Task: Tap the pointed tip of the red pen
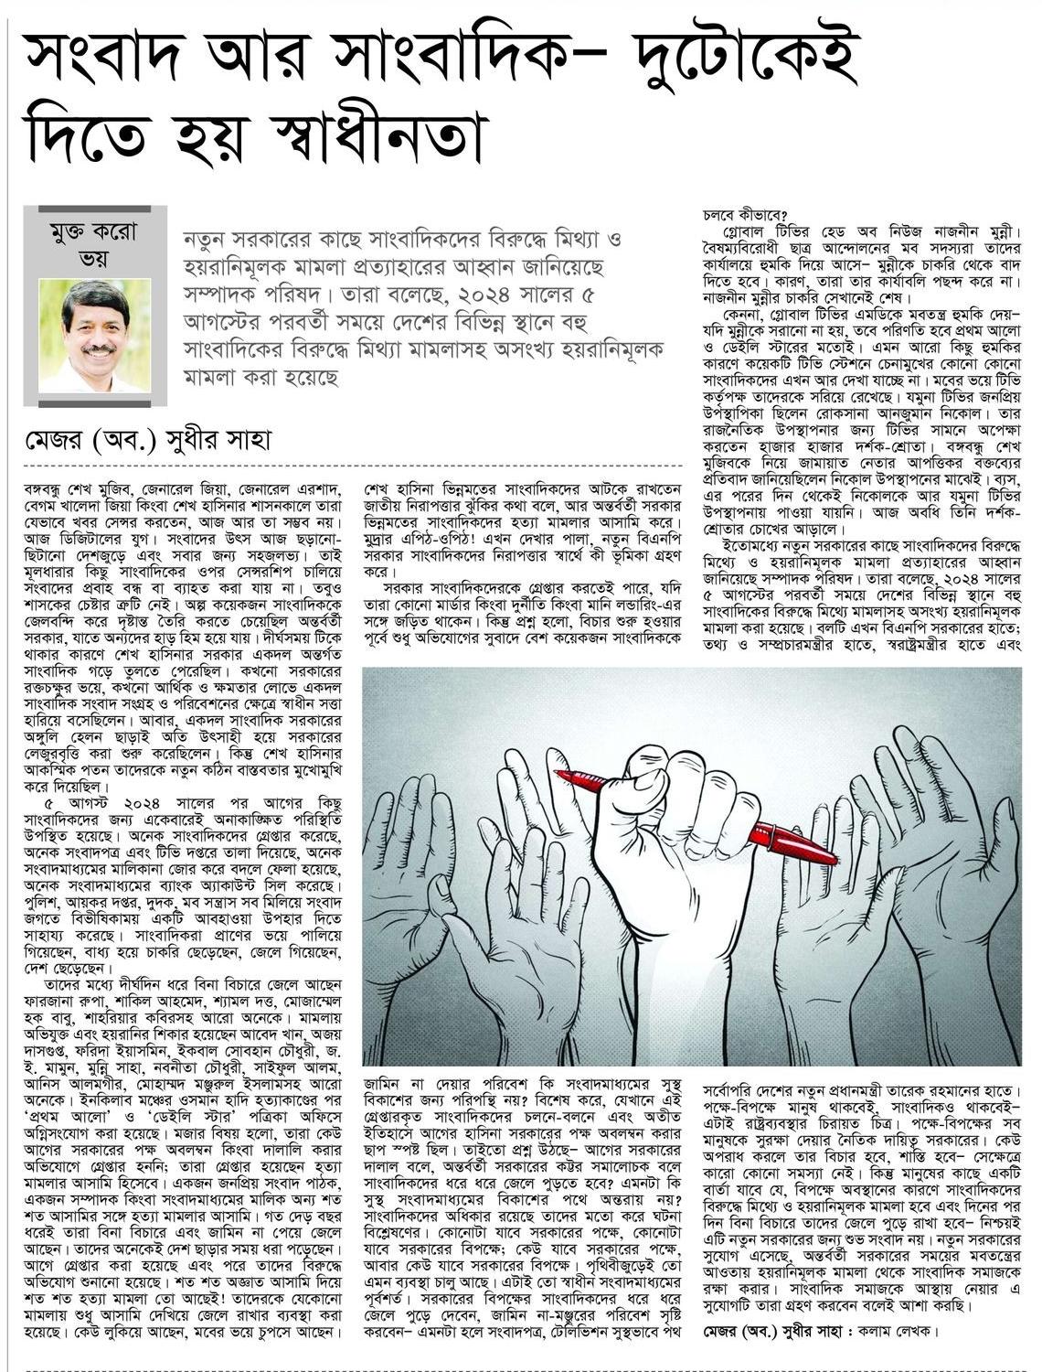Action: pos(560,776)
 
